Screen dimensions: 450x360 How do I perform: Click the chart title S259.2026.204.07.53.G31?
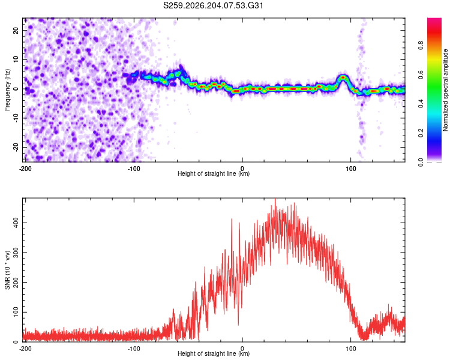pyautogui.click(x=213, y=5)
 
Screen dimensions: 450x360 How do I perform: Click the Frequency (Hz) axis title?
pyautogui.click(x=7, y=90)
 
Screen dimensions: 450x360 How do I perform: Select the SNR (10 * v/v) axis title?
pyautogui.click(x=7, y=270)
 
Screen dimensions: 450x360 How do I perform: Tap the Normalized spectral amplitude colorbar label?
pyautogui.click(x=445, y=90)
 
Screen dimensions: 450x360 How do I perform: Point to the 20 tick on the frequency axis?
pyautogui.click(x=16, y=30)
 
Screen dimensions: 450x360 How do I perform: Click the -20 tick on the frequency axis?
pyautogui.click(x=16, y=147)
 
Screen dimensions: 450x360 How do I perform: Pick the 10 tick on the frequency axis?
pyautogui.click(x=16, y=59)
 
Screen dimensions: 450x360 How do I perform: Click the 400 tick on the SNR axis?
pyautogui.click(x=16, y=223)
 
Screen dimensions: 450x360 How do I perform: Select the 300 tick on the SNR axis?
pyautogui.click(x=16, y=253)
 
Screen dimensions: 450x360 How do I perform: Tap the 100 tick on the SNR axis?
pyautogui.click(x=16, y=312)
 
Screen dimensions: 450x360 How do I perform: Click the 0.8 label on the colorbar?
pyautogui.click(x=421, y=46)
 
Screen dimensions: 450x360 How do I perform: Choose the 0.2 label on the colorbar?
pyautogui.click(x=421, y=133)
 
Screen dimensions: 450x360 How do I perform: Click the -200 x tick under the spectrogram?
pyautogui.click(x=25, y=169)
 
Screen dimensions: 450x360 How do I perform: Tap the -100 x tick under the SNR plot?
pyautogui.click(x=134, y=349)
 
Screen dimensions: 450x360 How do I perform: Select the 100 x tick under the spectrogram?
pyautogui.click(x=351, y=169)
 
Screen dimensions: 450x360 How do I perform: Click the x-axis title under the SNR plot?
pyautogui.click(x=214, y=353)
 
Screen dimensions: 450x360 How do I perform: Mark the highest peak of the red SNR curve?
pyautogui.click(x=275, y=199)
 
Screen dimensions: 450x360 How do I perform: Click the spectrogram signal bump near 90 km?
pyautogui.click(x=343, y=78)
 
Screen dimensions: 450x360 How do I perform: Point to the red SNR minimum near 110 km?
pyautogui.click(x=364, y=338)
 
